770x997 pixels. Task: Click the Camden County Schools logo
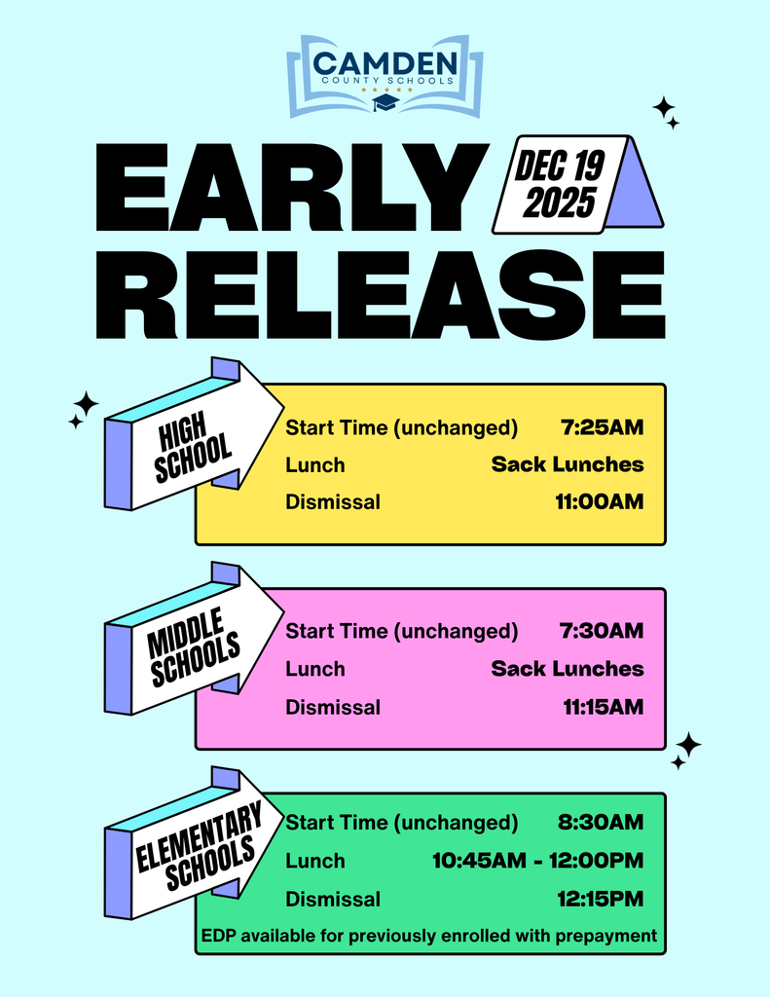pos(385,75)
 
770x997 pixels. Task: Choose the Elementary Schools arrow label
pos(198,843)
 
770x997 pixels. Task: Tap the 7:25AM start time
pos(603,426)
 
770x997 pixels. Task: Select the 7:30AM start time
pos(602,631)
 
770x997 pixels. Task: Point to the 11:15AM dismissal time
pos(603,707)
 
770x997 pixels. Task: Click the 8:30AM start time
pos(601,823)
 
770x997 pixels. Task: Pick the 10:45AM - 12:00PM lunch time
pos(537,861)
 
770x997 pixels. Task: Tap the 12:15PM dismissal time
pos(601,899)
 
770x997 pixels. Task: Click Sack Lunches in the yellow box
pos(567,464)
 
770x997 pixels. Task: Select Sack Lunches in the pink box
pos(567,669)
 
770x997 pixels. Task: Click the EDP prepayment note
pos(428,937)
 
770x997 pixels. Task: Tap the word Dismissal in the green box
pos(333,899)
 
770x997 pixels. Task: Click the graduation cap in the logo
pos(385,101)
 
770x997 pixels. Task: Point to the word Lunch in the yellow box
pos(314,465)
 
